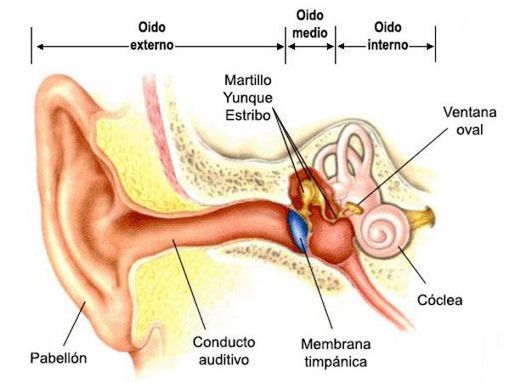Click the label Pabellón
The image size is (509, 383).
(x=59, y=358)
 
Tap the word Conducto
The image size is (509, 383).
(x=223, y=342)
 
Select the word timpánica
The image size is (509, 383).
(x=336, y=362)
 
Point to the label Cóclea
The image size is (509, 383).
(x=440, y=300)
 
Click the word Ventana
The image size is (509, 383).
(x=470, y=112)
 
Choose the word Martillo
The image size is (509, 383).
(x=247, y=80)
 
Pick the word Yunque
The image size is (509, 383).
(x=248, y=98)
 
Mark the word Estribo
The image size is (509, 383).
(x=248, y=115)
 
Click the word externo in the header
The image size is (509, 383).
(x=152, y=45)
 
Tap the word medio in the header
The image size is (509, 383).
(x=310, y=33)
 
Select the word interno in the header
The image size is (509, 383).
(x=387, y=45)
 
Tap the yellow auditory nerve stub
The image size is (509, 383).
(x=421, y=217)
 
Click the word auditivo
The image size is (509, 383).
(x=223, y=360)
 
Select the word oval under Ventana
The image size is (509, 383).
(x=469, y=130)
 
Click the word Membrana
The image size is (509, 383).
(x=336, y=344)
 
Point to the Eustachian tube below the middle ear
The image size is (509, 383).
(x=373, y=292)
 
